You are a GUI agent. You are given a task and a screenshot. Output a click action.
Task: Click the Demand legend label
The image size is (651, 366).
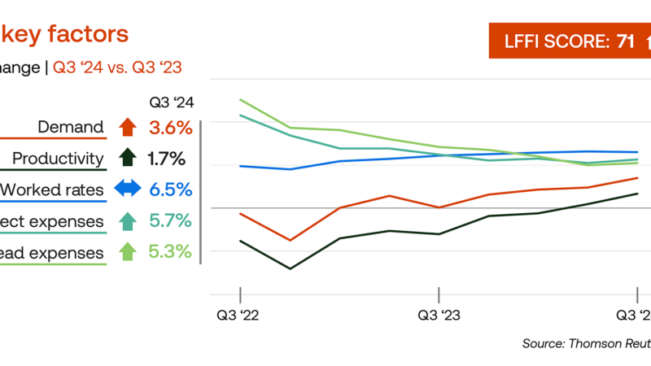[71, 127]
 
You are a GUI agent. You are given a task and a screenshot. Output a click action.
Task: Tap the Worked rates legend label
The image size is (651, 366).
[52, 190]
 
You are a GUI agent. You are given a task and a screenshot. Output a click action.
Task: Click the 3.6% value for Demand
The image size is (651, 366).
[171, 127]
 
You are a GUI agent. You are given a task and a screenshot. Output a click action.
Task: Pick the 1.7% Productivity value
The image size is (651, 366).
[167, 159]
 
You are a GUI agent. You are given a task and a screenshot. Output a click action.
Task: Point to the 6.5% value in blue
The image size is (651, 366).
[171, 190]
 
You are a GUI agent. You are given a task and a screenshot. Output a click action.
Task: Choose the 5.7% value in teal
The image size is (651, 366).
[171, 220]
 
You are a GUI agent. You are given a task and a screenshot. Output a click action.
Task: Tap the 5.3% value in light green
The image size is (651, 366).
[171, 252]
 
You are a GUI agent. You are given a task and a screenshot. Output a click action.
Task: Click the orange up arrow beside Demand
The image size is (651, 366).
[126, 127]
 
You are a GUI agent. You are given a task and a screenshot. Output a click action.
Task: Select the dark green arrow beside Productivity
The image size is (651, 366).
[126, 158]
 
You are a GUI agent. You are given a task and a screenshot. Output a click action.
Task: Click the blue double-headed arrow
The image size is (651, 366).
[128, 189]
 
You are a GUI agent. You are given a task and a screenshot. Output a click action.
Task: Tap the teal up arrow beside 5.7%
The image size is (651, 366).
[127, 220]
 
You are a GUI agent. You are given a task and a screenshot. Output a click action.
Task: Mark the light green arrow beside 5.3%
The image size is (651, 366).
[127, 252]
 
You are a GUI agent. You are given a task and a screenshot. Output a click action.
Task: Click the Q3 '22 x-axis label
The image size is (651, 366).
[240, 315]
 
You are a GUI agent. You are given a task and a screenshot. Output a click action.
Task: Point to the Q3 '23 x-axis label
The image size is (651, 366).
[439, 315]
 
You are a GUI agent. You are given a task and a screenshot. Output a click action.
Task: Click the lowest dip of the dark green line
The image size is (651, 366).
[290, 268]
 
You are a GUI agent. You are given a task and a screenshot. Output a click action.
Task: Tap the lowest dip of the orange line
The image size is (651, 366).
[290, 240]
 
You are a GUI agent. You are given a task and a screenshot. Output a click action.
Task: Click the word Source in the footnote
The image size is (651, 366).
[542, 344]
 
